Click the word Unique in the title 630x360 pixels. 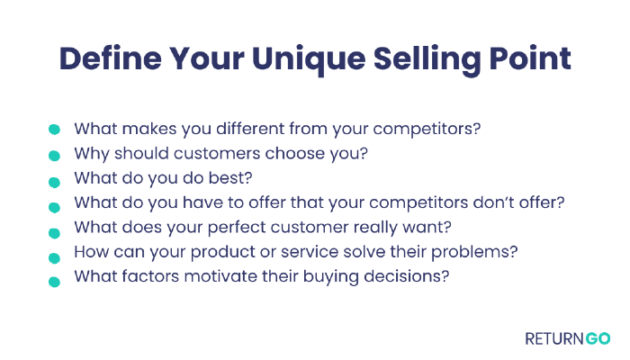(309, 60)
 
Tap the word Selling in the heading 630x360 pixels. (427, 60)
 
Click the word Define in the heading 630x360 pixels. (111, 58)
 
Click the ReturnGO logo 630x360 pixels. (568, 338)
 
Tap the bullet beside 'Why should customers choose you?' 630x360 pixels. (54, 156)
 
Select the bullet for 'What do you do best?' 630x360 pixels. (54, 183)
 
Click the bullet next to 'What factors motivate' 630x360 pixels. (54, 282)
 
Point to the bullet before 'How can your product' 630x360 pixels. (54, 258)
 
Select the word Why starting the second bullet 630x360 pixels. (92, 154)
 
